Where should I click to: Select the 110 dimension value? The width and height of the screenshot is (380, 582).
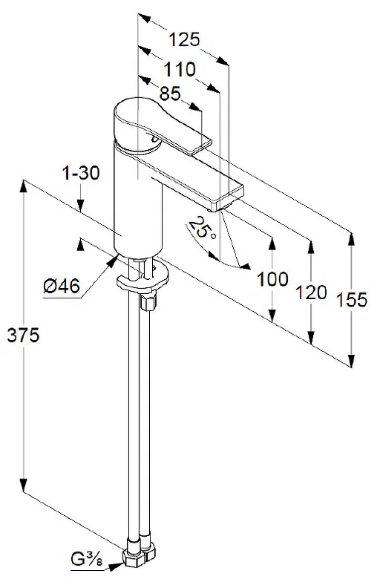coord(180,70)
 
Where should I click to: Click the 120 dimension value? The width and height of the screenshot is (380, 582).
coord(312,292)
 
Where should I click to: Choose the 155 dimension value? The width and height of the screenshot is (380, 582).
coord(351,299)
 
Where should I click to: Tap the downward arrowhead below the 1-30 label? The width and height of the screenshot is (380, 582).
coord(81,209)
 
